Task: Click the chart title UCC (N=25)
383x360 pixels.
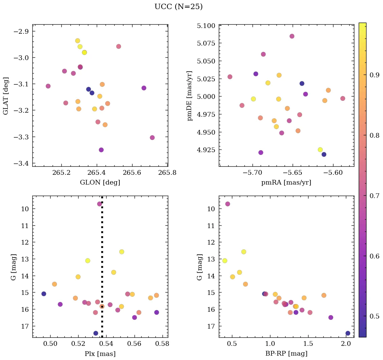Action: pyautogui.click(x=178, y=7)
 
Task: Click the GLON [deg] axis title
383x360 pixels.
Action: pyautogui.click(x=100, y=183)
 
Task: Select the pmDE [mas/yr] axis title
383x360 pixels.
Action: pyautogui.click(x=190, y=95)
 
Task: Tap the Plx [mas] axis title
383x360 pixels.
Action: pyautogui.click(x=100, y=354)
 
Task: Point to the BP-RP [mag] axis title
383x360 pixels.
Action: pyautogui.click(x=286, y=354)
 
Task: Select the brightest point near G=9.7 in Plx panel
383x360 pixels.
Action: pyautogui.click(x=99, y=204)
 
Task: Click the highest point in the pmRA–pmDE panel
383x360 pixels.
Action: pyautogui.click(x=292, y=36)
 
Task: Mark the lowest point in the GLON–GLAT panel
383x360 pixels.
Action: pyautogui.click(x=101, y=150)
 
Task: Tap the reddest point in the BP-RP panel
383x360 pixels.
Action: pyautogui.click(x=348, y=333)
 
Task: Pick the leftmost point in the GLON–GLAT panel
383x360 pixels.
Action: pyautogui.click(x=48, y=86)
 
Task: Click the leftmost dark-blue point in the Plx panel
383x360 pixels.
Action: pyautogui.click(x=44, y=294)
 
